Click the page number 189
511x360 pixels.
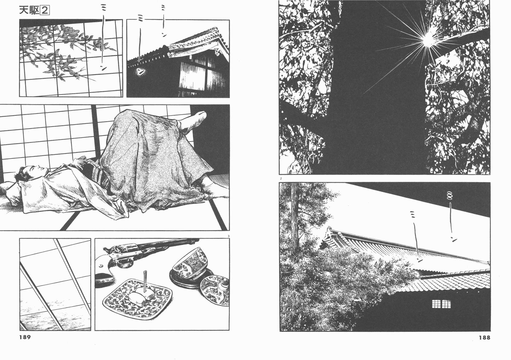(x=25, y=337)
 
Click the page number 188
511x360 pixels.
(x=484, y=337)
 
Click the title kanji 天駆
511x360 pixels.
(x=29, y=11)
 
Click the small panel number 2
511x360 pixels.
(x=280, y=178)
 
